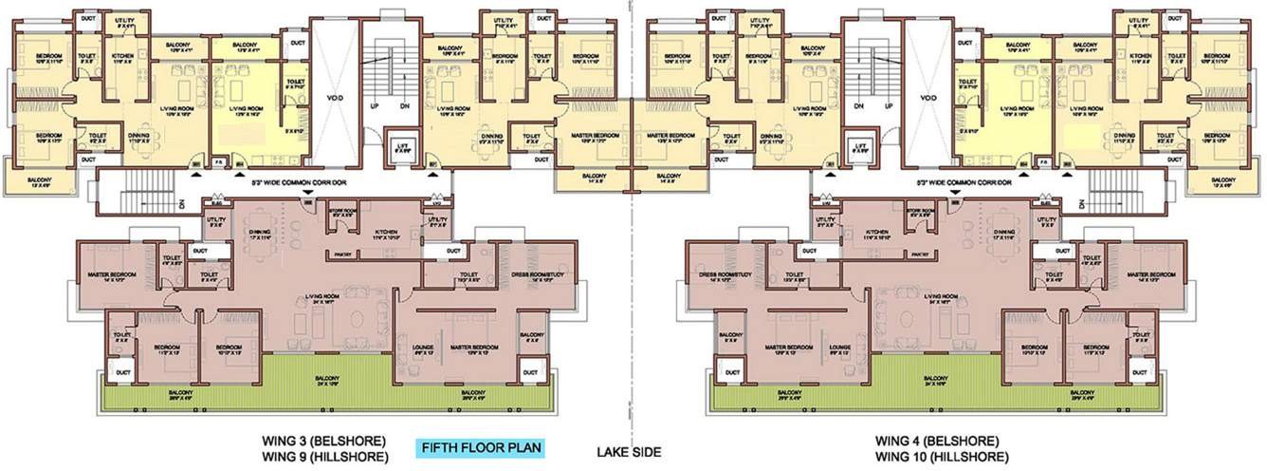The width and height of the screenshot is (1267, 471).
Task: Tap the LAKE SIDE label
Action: point(629,453)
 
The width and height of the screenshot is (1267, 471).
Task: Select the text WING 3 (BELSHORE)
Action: point(323,442)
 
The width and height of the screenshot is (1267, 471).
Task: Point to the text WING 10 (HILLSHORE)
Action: point(936,457)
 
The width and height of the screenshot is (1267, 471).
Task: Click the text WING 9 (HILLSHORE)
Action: point(323,457)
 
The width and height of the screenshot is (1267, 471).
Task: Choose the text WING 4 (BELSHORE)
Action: point(936,442)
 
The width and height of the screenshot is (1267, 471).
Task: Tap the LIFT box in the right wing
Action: point(861,148)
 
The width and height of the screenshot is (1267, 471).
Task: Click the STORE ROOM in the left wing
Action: point(343,213)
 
